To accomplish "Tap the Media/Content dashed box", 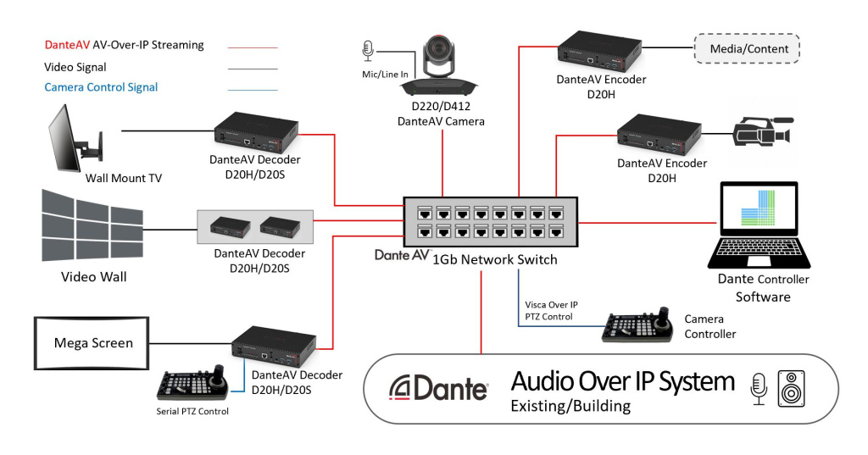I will pos(746,49).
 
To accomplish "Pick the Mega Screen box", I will pos(92,343).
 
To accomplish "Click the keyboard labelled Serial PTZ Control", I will pos(193,386).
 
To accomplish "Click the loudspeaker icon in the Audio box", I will pos(791,387).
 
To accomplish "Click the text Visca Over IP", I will pos(551,304).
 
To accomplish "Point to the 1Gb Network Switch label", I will pos(495,259).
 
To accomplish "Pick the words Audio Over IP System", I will pos(622,382).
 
